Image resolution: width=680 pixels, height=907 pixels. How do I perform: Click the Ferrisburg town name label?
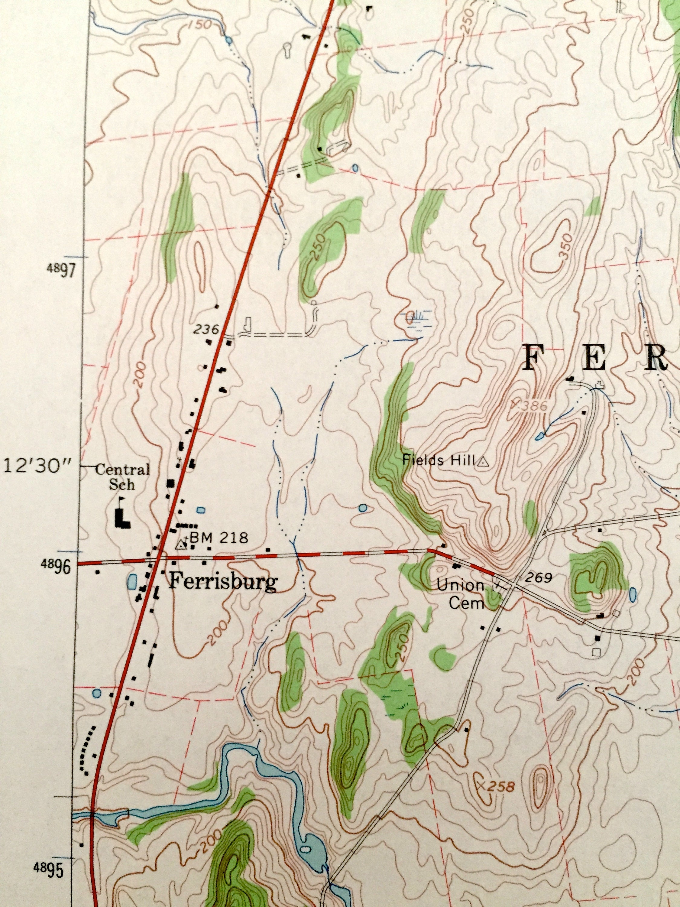click(x=223, y=581)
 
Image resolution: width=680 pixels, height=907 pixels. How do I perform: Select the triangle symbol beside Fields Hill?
click(x=484, y=462)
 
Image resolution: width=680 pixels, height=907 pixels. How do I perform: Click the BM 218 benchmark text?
click(x=219, y=538)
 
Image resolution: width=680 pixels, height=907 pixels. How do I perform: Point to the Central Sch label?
click(x=122, y=477)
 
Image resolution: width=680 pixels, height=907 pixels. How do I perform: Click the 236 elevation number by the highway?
click(x=206, y=329)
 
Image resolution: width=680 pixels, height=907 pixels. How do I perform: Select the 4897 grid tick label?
click(x=61, y=270)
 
